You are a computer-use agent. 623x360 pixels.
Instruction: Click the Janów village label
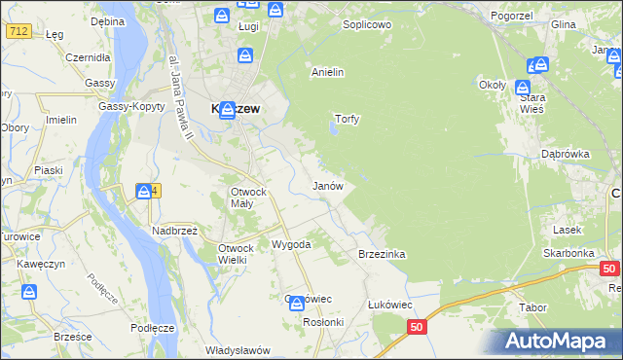(x=326, y=185)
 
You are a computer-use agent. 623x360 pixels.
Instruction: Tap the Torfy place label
(x=348, y=120)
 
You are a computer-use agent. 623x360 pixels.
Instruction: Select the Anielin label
(x=327, y=72)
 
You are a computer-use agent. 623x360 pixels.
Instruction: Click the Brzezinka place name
(x=382, y=254)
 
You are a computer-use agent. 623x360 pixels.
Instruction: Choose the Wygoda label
(x=291, y=244)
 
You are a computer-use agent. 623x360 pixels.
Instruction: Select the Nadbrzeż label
(x=174, y=231)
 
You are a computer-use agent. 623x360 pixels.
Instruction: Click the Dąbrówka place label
(x=566, y=154)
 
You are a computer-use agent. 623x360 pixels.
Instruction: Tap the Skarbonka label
(x=569, y=253)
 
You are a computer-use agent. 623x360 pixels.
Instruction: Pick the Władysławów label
(x=237, y=349)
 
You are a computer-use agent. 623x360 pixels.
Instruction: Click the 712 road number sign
(x=18, y=32)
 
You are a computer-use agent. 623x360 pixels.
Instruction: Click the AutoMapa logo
(x=558, y=341)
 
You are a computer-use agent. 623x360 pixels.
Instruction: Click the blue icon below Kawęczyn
(x=30, y=292)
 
